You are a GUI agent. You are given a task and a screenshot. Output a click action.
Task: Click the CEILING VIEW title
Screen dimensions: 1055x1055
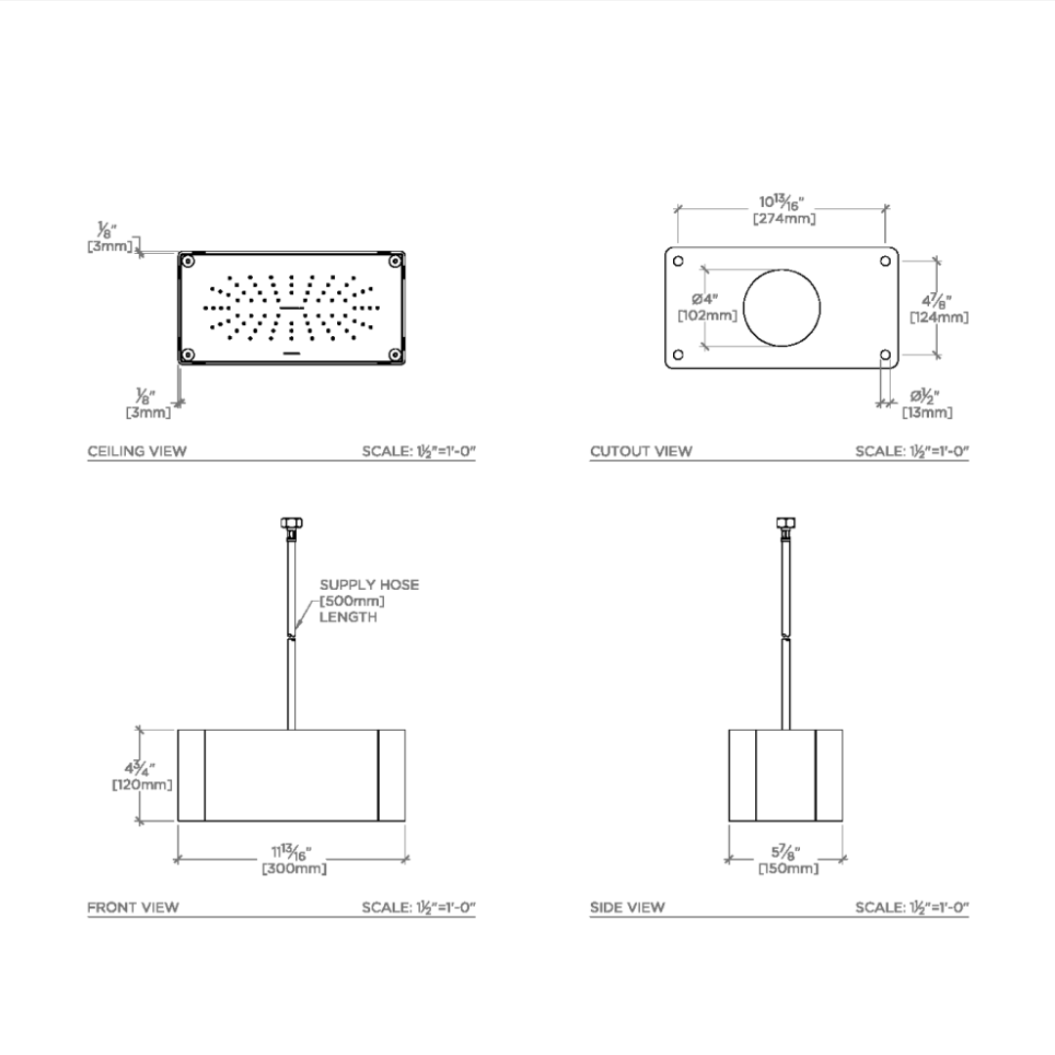(138, 450)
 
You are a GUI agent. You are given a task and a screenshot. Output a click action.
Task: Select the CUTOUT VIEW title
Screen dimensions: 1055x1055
(641, 450)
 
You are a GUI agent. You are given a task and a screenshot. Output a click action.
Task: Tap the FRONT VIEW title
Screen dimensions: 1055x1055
(133, 907)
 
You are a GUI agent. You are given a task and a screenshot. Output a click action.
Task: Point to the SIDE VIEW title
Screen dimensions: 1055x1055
(627, 907)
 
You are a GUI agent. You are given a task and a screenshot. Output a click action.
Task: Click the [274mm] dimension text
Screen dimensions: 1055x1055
(783, 219)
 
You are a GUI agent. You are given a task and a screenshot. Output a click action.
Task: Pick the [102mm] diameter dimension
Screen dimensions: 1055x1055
(707, 315)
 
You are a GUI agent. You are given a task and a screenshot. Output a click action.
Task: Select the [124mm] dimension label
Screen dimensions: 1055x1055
(940, 316)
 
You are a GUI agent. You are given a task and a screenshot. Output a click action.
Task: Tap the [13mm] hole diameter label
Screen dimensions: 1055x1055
(927, 412)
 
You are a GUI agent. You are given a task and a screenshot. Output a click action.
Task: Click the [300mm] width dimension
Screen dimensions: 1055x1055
(294, 868)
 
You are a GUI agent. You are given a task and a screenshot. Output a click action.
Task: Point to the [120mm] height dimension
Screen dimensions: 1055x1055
(142, 784)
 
